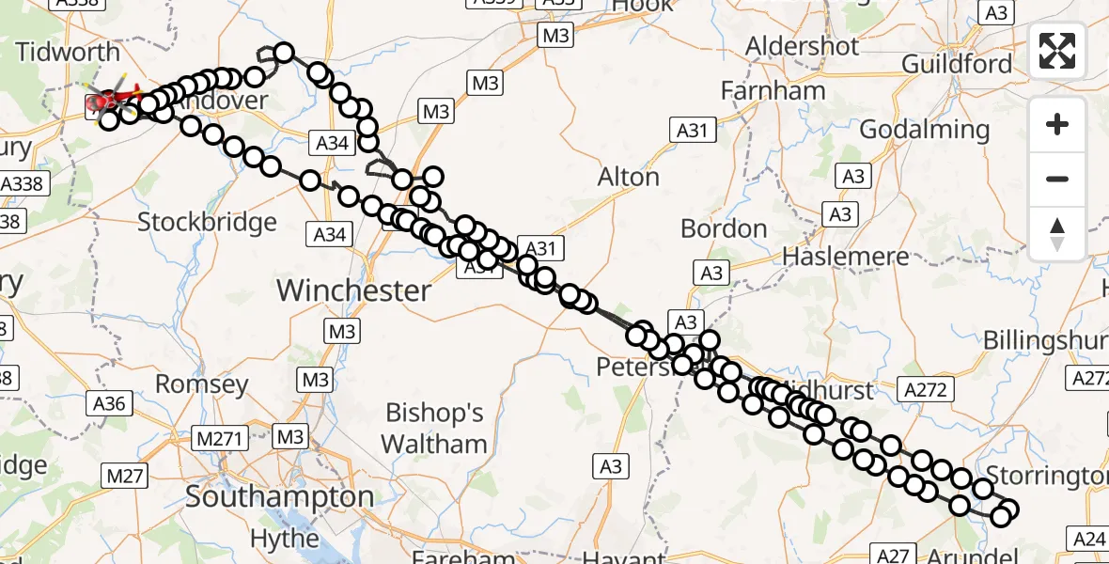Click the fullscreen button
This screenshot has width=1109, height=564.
pyautogui.click(x=1057, y=51)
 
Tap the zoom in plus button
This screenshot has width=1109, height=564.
pyautogui.click(x=1057, y=124)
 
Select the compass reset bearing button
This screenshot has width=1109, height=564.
pyautogui.click(x=1057, y=234)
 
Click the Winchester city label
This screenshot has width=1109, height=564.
pyautogui.click(x=353, y=290)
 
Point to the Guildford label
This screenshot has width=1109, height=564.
pyautogui.click(x=957, y=64)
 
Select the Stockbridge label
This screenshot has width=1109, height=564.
pyautogui.click(x=207, y=223)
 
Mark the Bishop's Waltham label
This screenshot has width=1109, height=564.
pyautogui.click(x=435, y=428)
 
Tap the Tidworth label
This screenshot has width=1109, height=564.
pyautogui.click(x=68, y=52)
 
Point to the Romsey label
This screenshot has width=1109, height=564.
pyautogui.click(x=201, y=384)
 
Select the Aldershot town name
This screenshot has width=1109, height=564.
pyautogui.click(x=802, y=46)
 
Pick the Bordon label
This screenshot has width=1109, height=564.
pyautogui.click(x=724, y=228)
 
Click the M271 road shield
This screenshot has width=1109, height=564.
pyautogui.click(x=219, y=437)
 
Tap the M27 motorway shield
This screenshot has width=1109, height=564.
pyautogui.click(x=124, y=477)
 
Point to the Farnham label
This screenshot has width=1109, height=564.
pyautogui.click(x=773, y=91)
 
